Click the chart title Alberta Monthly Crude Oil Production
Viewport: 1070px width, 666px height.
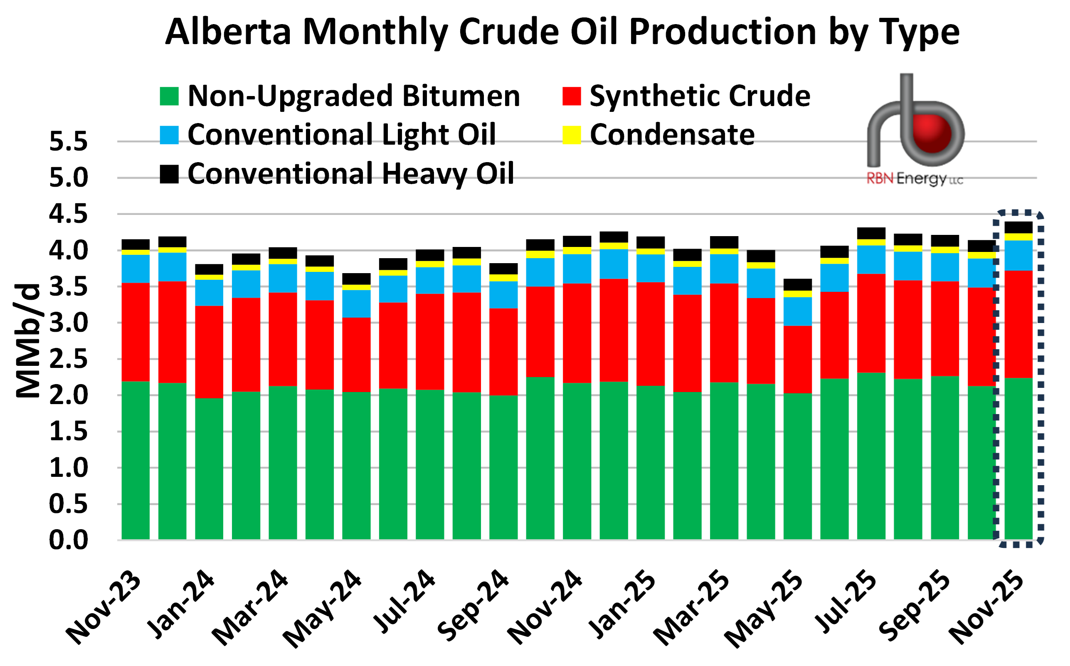[x=562, y=32]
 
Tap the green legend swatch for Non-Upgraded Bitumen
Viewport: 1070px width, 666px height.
[x=169, y=96]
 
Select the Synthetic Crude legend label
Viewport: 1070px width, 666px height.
[x=700, y=96]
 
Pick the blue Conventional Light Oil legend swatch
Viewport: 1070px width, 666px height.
[x=169, y=135]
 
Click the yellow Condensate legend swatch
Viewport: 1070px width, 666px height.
[x=572, y=135]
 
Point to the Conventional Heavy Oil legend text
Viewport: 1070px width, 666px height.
[x=350, y=173]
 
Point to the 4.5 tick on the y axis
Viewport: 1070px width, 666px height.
[x=68, y=214]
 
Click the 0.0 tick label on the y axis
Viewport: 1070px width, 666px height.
[x=68, y=540]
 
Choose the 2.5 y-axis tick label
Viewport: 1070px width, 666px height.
[x=68, y=360]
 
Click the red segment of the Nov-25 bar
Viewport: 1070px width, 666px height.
[x=1018, y=324]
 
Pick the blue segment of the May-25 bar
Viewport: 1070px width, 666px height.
[x=797, y=311]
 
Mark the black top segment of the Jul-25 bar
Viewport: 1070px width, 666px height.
[x=871, y=233]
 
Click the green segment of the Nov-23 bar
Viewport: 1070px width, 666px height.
[x=136, y=460]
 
